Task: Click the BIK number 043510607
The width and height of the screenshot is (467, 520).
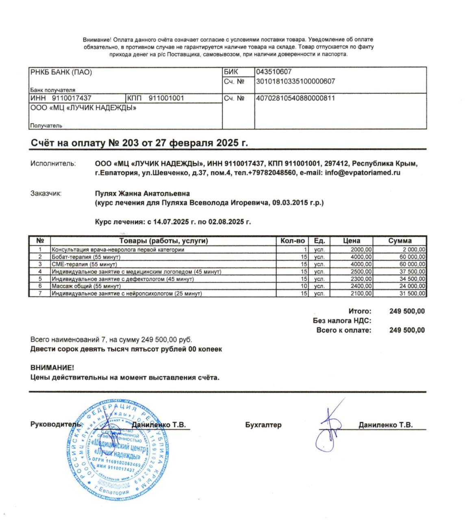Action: click(274, 72)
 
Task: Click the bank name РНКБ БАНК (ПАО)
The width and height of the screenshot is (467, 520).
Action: click(61, 73)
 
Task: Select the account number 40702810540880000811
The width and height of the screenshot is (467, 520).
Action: click(295, 98)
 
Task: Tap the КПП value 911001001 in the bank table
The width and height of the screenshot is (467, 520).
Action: click(166, 98)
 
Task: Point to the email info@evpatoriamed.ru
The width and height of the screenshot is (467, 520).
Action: click(363, 173)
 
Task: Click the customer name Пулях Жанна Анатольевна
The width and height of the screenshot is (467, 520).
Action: click(142, 193)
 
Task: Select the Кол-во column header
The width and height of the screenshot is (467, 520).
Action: click(292, 241)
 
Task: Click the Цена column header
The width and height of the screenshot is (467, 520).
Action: click(351, 241)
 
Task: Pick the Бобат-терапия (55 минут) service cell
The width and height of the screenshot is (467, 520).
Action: click(86, 257)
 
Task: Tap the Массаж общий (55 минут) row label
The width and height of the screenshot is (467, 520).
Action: click(86, 286)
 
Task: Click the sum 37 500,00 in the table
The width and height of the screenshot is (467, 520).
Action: click(412, 272)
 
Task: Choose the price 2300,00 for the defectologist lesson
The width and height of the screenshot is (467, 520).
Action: click(361, 279)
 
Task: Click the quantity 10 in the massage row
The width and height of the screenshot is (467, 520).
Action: click(304, 286)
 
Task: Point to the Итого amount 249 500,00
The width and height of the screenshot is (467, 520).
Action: click(407, 312)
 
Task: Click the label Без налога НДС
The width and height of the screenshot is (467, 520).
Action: click(342, 321)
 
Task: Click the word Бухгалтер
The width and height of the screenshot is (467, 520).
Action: click(263, 425)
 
